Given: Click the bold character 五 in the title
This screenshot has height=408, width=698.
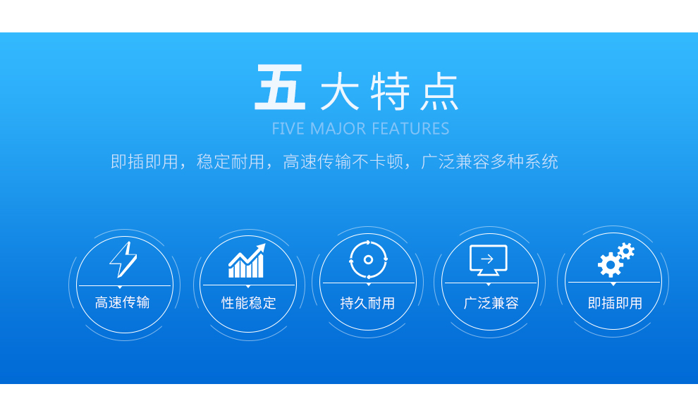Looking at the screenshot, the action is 280,87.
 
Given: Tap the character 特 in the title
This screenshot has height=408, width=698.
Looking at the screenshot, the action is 390,91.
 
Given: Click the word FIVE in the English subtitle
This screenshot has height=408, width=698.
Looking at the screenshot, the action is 288,128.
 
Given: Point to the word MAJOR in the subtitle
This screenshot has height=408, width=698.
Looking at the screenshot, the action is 338,128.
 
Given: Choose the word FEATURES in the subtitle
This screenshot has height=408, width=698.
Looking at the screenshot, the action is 410,128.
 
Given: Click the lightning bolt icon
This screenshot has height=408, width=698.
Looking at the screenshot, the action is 123,259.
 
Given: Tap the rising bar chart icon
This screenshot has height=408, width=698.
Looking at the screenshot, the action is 247,260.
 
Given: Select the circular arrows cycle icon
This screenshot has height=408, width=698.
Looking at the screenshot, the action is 368,259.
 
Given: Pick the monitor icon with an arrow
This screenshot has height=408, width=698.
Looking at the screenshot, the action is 489,260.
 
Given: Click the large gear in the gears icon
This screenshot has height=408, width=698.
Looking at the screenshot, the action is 610,265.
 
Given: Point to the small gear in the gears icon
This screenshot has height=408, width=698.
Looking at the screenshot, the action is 626,252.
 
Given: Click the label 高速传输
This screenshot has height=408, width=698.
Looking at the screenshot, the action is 123,302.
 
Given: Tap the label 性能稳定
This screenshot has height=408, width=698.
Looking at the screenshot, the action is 249,303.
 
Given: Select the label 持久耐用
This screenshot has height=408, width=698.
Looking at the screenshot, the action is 368,303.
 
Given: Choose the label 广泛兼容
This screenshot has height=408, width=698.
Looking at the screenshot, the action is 491,303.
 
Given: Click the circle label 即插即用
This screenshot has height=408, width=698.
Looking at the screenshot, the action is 616,303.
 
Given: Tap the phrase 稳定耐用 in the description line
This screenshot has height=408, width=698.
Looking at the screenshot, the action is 231,161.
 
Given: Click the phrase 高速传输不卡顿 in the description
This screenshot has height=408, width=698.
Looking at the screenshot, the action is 343,161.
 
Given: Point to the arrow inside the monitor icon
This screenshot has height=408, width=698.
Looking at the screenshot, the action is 487,259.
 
